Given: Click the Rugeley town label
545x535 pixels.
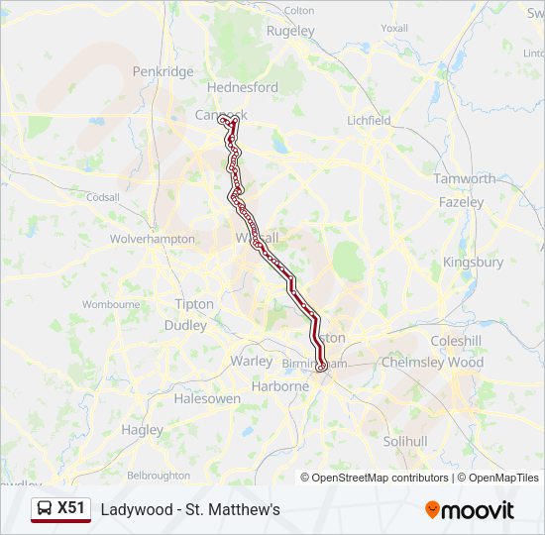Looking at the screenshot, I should coord(290,31).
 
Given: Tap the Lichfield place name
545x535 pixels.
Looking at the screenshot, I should coord(369,121).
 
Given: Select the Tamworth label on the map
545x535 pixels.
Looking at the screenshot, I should coord(464,179).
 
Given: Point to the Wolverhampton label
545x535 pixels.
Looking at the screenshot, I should coord(152,240).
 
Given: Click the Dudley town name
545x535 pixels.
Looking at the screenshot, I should coord(185,325).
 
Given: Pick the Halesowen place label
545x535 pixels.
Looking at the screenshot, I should coord(207,398).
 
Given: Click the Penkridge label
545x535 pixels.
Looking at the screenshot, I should coord(163,72).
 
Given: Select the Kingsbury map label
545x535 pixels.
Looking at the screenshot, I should coord(474,263).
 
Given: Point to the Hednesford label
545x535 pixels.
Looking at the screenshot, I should coord(243,87).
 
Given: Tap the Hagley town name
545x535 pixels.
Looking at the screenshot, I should coord(142,430).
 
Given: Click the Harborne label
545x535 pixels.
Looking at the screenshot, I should coord(280,386).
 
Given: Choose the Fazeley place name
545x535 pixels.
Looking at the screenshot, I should coord(462,202).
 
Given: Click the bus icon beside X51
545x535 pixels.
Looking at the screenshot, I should coord(45,509).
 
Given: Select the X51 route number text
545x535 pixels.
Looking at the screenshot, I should coord(71,508).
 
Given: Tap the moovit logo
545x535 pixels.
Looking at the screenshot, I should coord(470,510).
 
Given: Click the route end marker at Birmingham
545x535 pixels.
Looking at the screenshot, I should coord(321,367).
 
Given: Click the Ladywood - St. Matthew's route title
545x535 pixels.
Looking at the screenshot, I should coord(190,509).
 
